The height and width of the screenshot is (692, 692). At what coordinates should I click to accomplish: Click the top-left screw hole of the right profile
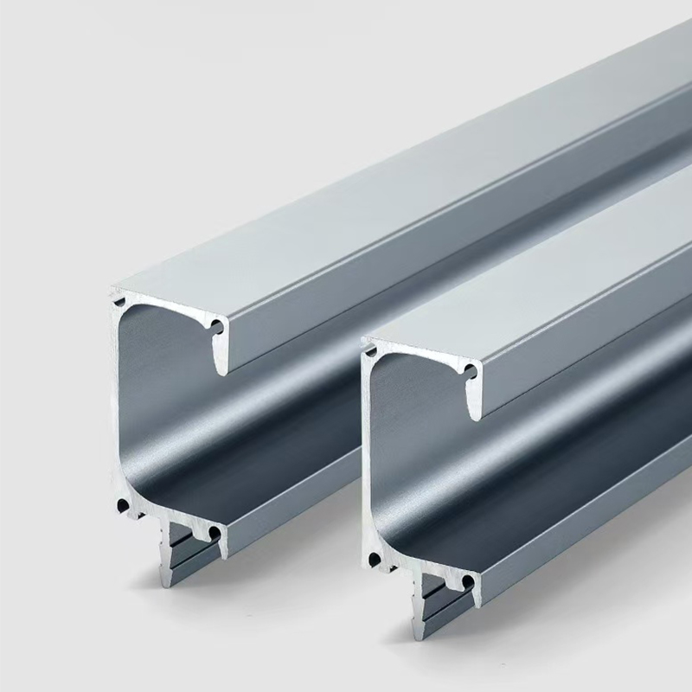(372, 351)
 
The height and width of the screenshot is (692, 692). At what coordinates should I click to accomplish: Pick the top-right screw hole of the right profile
(470, 372)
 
